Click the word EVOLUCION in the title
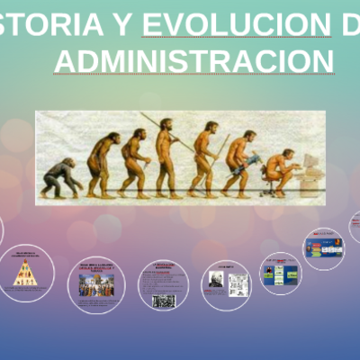tap(236, 24)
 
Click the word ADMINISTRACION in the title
tap(193, 61)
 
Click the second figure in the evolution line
tap(102, 165)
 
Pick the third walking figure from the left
tap(134, 163)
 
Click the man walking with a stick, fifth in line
tap(206, 157)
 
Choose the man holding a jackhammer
tap(240, 162)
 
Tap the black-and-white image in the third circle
tap(164, 301)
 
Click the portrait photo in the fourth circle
tap(216, 280)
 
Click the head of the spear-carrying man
tap(166, 124)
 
